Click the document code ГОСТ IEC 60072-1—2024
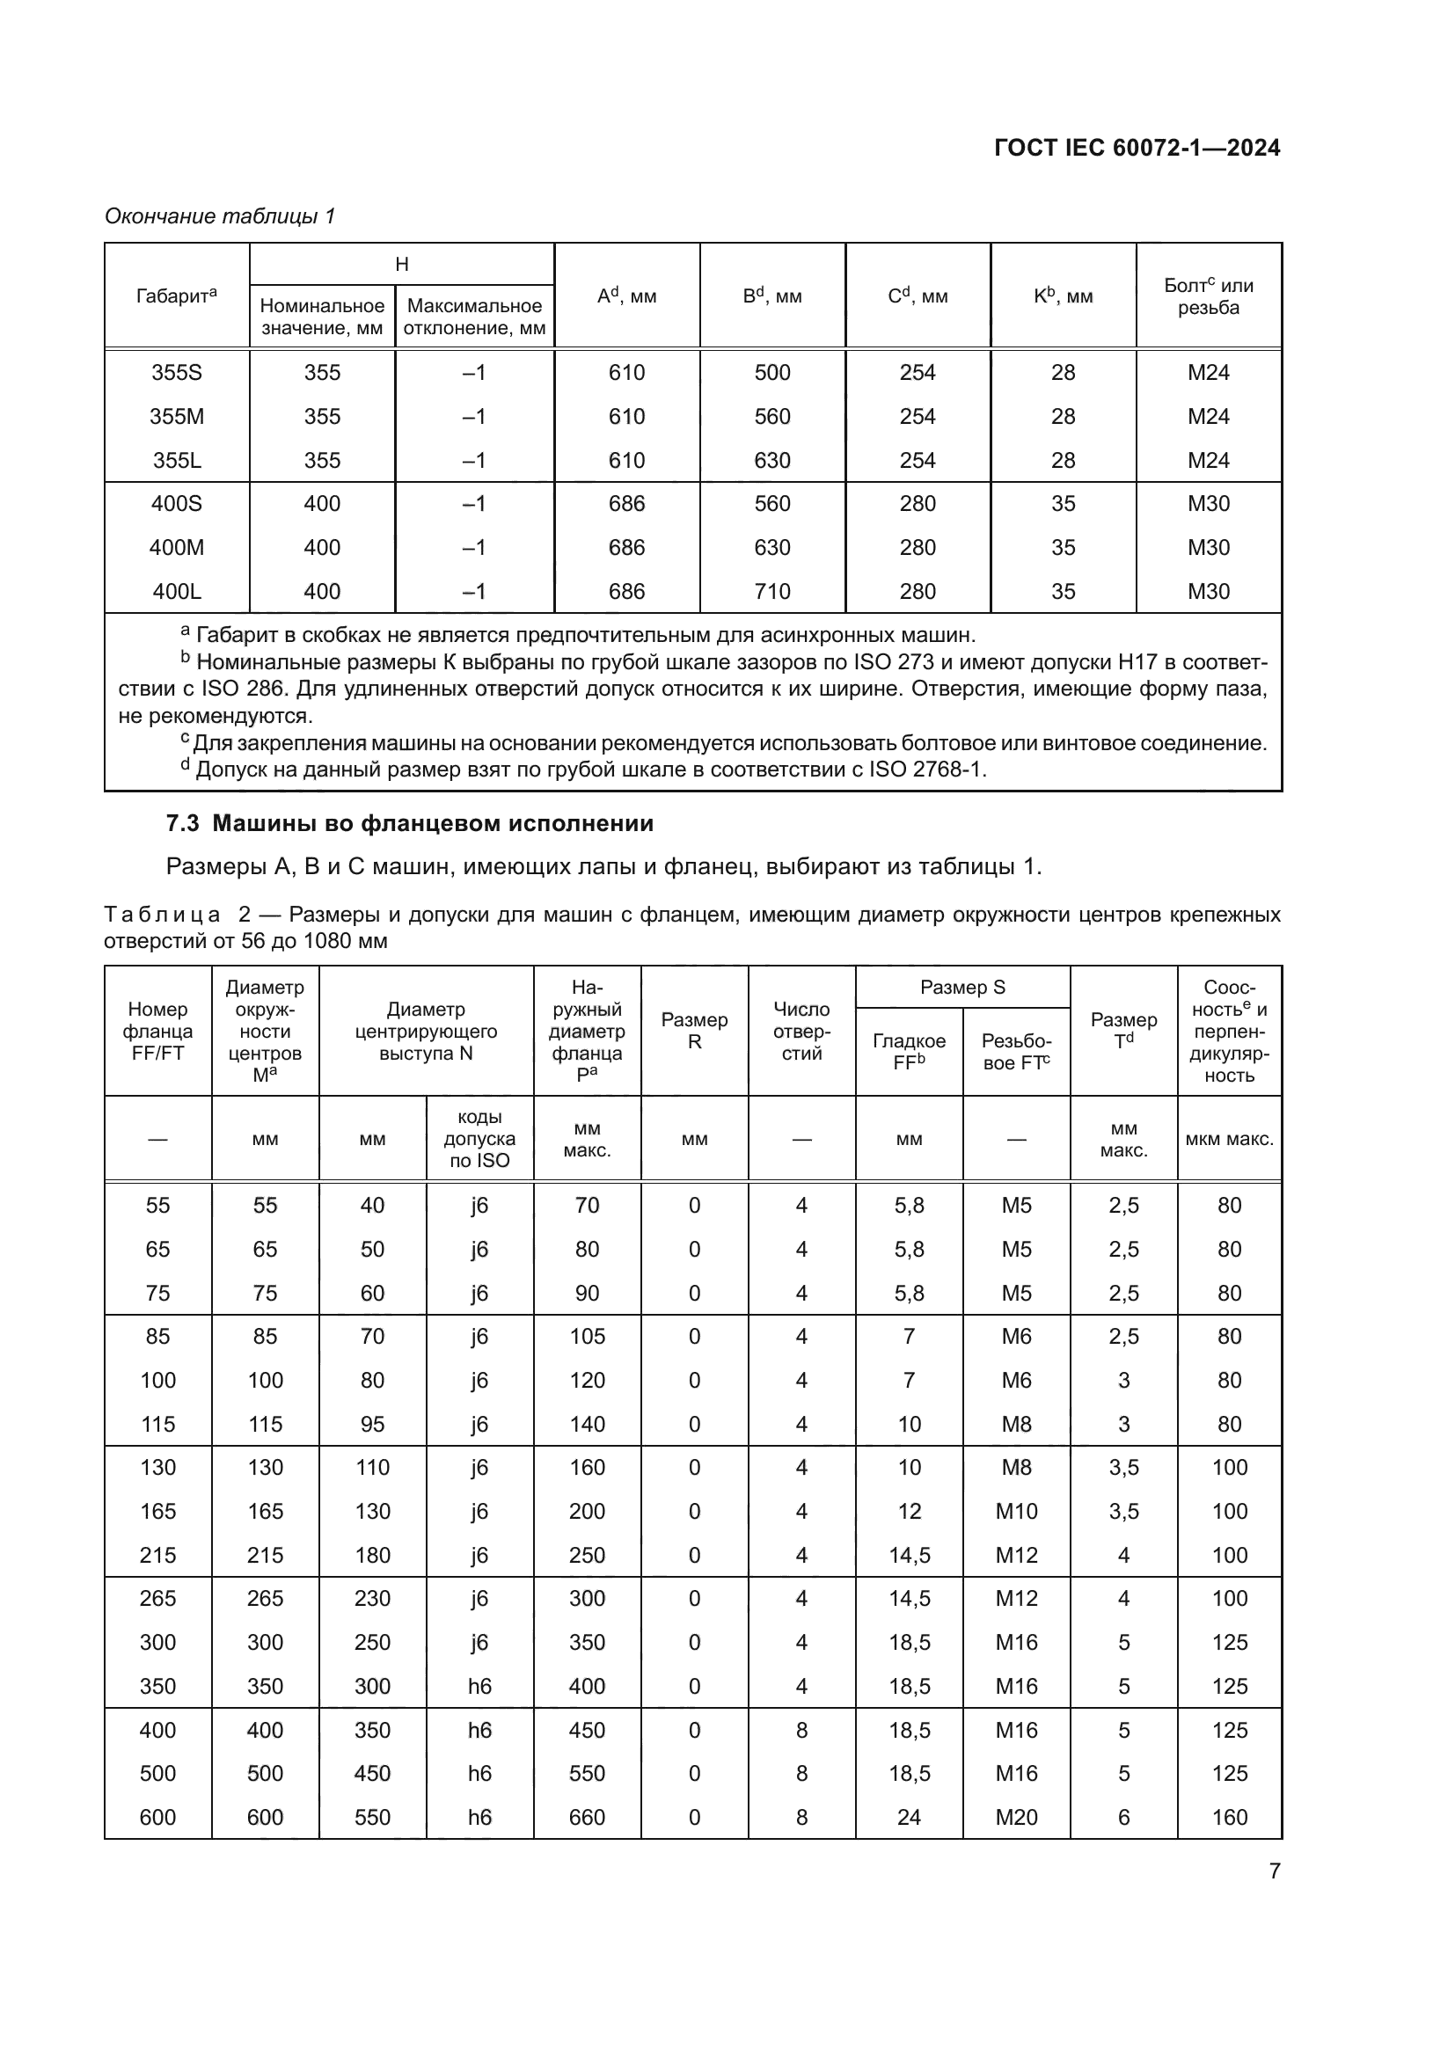pyautogui.click(x=1136, y=148)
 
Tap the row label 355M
pyautogui.click(x=177, y=417)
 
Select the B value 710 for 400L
pyautogui.click(x=772, y=591)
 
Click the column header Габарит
pyautogui.click(x=177, y=295)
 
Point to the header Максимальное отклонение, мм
pyautogui.click(x=474, y=317)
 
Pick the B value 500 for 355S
pyautogui.click(x=772, y=373)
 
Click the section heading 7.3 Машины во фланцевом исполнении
pyautogui.click(x=409, y=823)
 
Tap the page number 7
pyautogui.click(x=1274, y=1871)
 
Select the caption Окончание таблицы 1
pyautogui.click(x=220, y=216)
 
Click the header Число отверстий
pyautogui.click(x=801, y=1032)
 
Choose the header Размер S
pyautogui.click(x=962, y=988)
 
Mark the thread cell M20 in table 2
pyautogui.click(x=1016, y=1817)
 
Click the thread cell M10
pyautogui.click(x=1016, y=1512)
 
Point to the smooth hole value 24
pyautogui.click(x=909, y=1817)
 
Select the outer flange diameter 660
pyautogui.click(x=587, y=1817)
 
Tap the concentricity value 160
pyautogui.click(x=1229, y=1817)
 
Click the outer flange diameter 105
pyautogui.click(x=587, y=1337)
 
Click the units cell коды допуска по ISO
pyautogui.click(x=479, y=1139)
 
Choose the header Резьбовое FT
pyautogui.click(x=1016, y=1052)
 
